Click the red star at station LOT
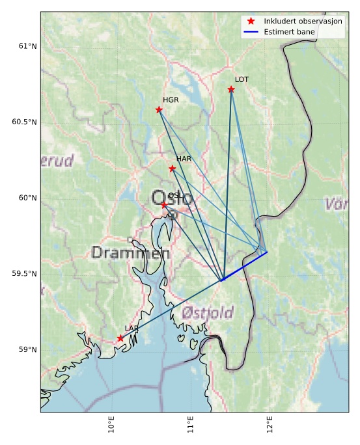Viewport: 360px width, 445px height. pos(231,89)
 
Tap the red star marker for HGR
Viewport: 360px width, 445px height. pos(159,109)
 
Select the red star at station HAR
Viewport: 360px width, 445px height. pos(173,169)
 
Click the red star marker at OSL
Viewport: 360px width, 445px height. pos(164,205)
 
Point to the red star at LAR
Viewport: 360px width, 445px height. pos(120,338)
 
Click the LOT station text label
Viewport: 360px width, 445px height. pos(242,79)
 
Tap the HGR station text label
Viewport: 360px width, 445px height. pos(171,100)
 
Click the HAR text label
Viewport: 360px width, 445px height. pos(184,159)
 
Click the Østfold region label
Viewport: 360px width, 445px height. pos(207,314)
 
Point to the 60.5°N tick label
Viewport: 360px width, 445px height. pos(25,122)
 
